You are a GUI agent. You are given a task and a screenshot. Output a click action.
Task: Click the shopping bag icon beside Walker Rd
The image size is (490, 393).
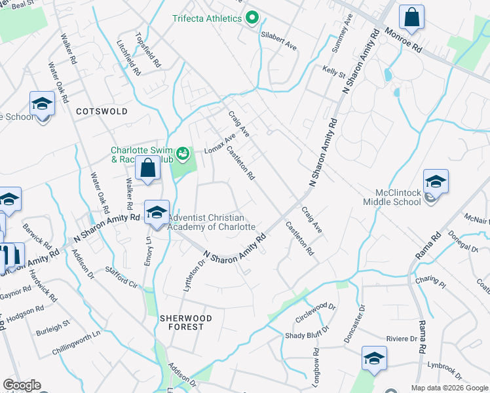click(x=148, y=168)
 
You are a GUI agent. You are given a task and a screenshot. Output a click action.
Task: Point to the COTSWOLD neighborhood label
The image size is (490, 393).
click(x=102, y=111)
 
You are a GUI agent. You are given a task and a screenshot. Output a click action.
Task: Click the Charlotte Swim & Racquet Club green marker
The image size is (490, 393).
click(x=183, y=155)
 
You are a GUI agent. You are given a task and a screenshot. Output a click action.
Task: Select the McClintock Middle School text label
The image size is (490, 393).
click(x=398, y=197)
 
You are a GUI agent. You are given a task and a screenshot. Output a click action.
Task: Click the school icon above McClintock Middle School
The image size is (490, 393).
click(x=436, y=181)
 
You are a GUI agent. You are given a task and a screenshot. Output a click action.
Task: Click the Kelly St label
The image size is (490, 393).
click(x=333, y=71)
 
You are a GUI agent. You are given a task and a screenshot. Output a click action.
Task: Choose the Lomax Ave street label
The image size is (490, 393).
click(x=219, y=144)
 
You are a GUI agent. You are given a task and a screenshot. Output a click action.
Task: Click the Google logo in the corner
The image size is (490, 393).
click(x=22, y=385)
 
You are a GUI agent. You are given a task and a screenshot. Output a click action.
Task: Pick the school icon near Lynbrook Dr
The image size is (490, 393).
click(x=374, y=358)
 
